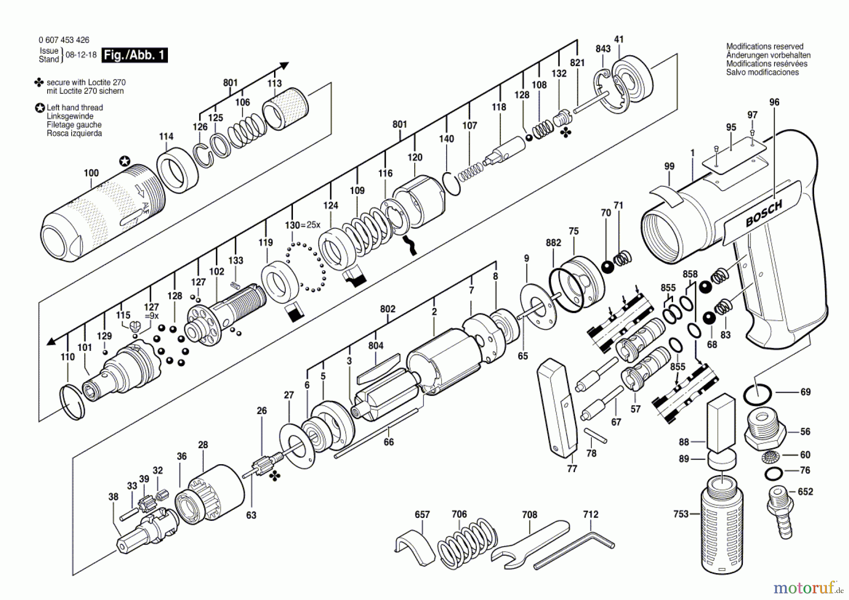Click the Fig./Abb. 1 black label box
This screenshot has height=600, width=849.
click(135, 55)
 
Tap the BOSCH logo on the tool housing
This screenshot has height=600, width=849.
click(764, 213)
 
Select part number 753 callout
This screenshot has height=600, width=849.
click(681, 514)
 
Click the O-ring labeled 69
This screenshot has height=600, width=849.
click(757, 394)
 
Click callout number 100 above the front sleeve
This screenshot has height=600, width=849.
click(91, 173)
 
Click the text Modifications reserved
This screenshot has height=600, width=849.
click(765, 46)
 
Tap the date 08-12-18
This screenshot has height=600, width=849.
click(81, 55)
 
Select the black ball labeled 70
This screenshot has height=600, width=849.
click(608, 267)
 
